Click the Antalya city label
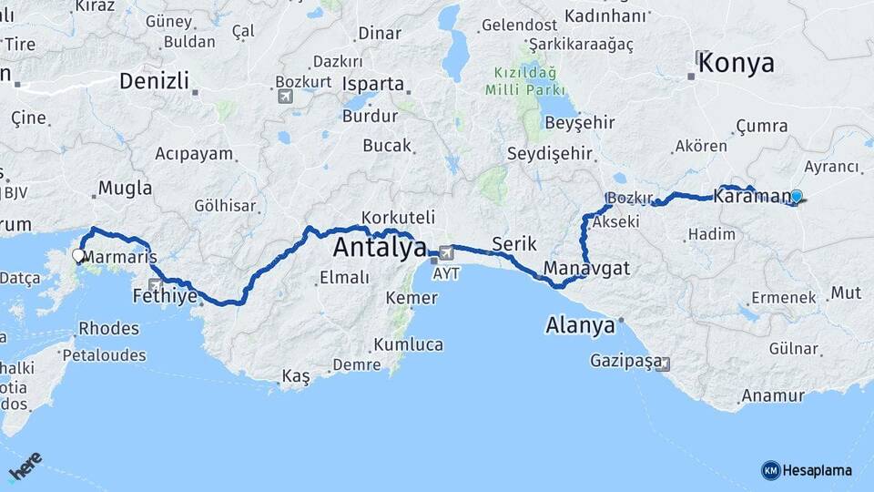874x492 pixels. [380, 247]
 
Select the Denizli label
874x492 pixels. [154, 81]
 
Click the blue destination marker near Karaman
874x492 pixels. [797, 196]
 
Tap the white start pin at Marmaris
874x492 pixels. [78, 257]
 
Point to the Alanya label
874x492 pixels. [580, 325]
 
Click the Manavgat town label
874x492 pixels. [586, 269]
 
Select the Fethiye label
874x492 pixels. [165, 296]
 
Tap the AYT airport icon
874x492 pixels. [446, 252]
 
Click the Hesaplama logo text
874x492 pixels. [817, 470]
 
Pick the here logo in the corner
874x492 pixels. [25, 466]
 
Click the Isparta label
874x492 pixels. [373, 84]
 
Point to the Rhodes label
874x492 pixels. [108, 328]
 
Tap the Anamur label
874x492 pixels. [772, 395]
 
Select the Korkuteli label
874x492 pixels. [398, 218]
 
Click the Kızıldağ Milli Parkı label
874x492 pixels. [527, 81]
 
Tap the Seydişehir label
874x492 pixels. [550, 153]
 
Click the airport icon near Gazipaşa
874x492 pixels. [662, 364]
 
